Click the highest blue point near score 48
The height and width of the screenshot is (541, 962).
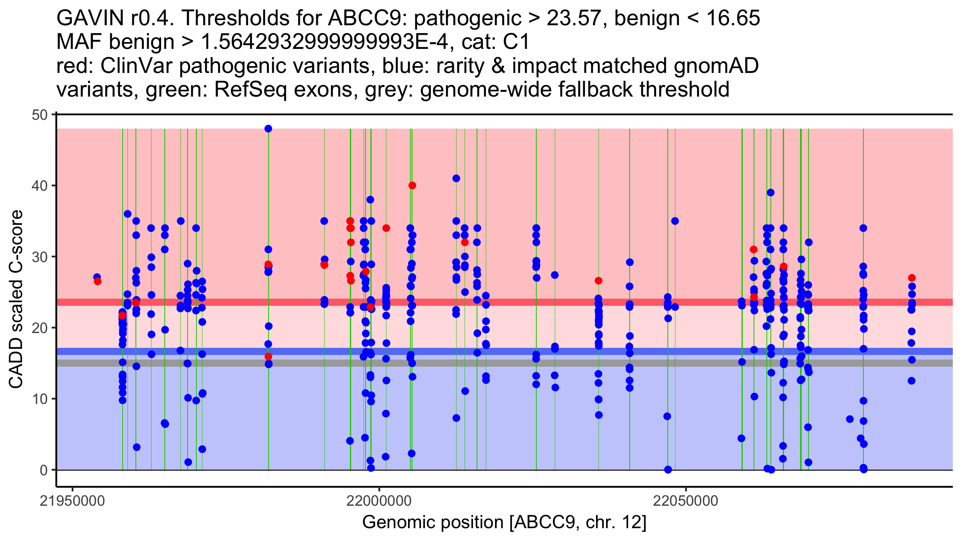coord(268,129)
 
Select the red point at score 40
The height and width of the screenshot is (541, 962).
coord(412,186)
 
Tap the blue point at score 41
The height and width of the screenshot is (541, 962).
coord(456,178)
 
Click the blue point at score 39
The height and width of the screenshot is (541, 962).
coord(770,193)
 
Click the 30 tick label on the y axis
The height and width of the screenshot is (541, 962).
coord(39,257)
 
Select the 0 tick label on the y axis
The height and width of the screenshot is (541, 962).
coord(43,470)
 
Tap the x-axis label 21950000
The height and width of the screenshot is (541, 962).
coord(73,501)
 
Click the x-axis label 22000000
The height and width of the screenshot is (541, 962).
coord(379,501)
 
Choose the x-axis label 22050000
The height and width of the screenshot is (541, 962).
coord(686,501)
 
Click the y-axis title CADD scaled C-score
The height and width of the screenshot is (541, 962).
coord(16,299)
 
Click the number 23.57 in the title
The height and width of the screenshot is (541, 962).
coord(574,18)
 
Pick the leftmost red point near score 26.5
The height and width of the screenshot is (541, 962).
coord(97,282)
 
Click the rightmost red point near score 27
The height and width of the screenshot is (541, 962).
coord(911,278)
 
